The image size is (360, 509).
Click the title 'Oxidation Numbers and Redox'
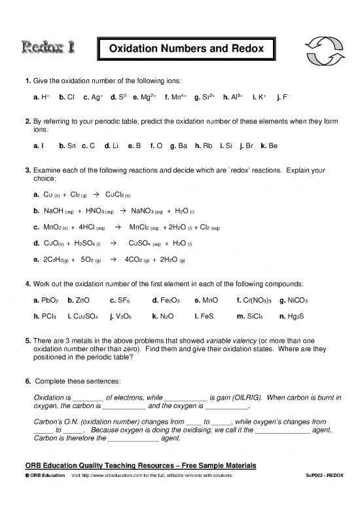tap(185, 48)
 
